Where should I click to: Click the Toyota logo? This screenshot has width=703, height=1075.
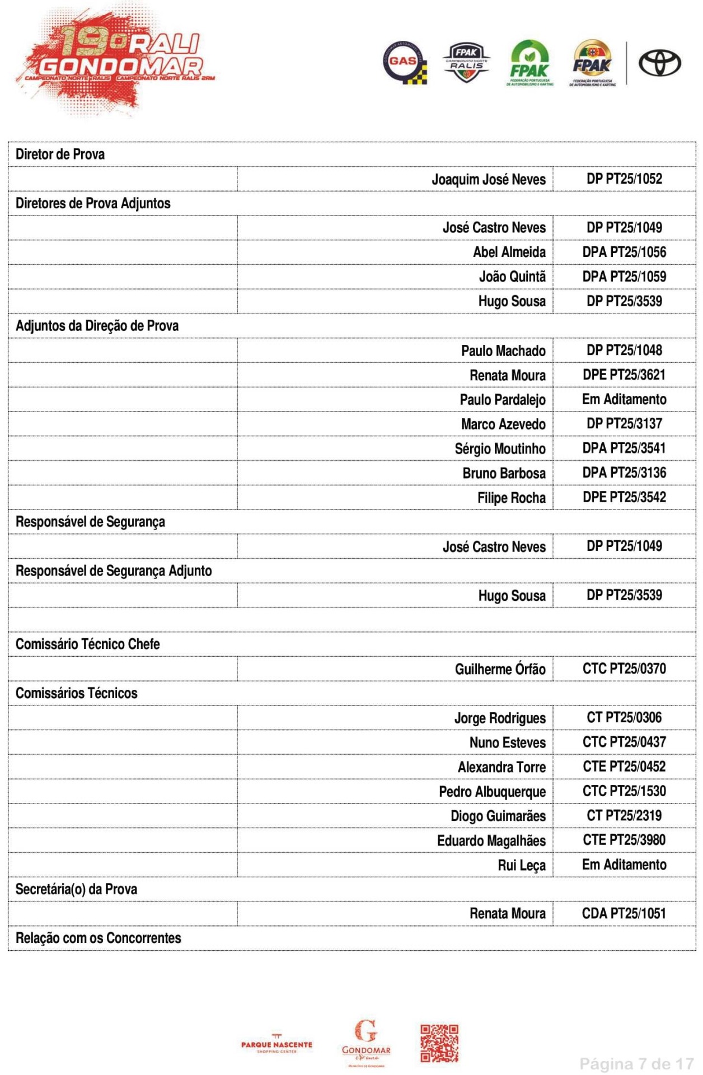point(660,63)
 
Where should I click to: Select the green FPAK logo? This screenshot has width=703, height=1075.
point(529,63)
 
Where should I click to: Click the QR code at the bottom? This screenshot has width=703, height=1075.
point(439,1043)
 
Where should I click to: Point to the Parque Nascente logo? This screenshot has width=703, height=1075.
point(276,1045)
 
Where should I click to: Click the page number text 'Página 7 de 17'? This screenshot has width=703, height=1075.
point(636,1063)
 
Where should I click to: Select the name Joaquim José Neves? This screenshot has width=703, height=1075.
point(488,179)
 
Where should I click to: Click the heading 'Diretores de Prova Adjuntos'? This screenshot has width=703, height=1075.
point(93,203)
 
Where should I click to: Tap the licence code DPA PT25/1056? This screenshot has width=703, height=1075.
point(624,252)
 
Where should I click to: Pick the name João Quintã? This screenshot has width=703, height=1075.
point(512,277)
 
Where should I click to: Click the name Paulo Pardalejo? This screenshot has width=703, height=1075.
point(502,400)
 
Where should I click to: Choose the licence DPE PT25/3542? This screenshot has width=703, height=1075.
point(624,497)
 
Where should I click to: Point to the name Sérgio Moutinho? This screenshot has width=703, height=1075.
point(500,448)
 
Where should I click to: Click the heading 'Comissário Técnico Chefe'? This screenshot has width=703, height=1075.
point(88,644)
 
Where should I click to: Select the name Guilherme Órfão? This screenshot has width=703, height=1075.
point(500,669)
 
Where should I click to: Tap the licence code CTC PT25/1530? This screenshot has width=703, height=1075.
point(624,791)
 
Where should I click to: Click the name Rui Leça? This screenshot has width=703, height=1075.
point(521,865)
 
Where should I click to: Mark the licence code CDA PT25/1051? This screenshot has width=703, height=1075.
point(624,914)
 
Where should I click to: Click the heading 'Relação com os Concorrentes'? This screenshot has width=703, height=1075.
point(99,938)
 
